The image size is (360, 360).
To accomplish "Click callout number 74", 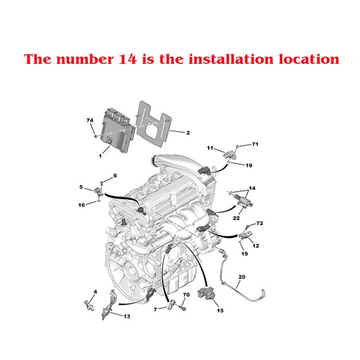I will click(90, 120).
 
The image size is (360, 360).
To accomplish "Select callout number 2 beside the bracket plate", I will click(188, 132).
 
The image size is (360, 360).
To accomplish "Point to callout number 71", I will click(255, 144).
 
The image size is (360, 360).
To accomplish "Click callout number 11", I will click(210, 148).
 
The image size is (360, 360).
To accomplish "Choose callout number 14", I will click(252, 188).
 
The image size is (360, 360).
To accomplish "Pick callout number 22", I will click(236, 218).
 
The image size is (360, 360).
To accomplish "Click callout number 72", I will click(259, 223).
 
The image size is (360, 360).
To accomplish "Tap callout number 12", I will click(256, 246).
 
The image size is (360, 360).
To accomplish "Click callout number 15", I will click(220, 310).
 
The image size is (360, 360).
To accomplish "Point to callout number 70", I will click(186, 295).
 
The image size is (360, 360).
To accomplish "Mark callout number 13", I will click(127, 316).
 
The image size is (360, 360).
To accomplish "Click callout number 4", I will click(95, 292).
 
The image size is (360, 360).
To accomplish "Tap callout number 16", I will click(81, 205).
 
